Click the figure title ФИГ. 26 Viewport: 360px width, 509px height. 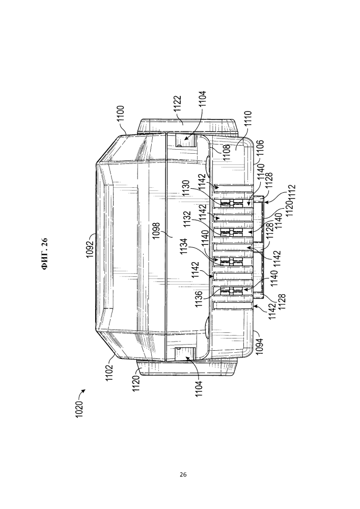click(44, 254)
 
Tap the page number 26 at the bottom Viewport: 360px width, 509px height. click(183, 474)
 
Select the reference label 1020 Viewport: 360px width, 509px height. click(79, 409)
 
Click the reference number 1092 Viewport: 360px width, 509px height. click(90, 248)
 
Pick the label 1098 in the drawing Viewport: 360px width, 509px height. click(156, 231)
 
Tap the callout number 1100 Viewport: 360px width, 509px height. click(121, 114)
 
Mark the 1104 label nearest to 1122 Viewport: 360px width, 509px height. click(202, 99)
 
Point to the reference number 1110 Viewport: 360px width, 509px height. click(247, 120)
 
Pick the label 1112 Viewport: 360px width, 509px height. click(291, 193)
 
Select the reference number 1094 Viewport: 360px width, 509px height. click(259, 346)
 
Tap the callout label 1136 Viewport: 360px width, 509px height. click(199, 299)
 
